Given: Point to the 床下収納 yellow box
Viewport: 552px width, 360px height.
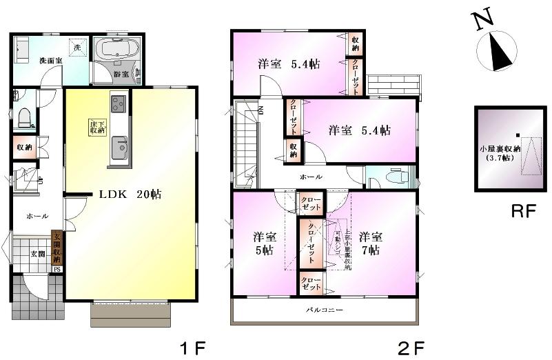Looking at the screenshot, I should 96,127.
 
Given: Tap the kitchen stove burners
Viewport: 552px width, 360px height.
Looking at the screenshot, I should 116,103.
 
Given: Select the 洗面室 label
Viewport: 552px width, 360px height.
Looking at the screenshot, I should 50,61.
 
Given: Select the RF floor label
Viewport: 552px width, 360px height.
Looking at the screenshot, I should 524,212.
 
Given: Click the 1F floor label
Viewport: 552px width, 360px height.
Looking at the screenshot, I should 194,345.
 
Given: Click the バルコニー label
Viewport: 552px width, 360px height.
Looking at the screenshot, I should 324,310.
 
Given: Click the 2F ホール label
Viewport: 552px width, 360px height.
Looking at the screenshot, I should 310,177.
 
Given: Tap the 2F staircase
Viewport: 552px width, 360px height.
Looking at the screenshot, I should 245,141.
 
